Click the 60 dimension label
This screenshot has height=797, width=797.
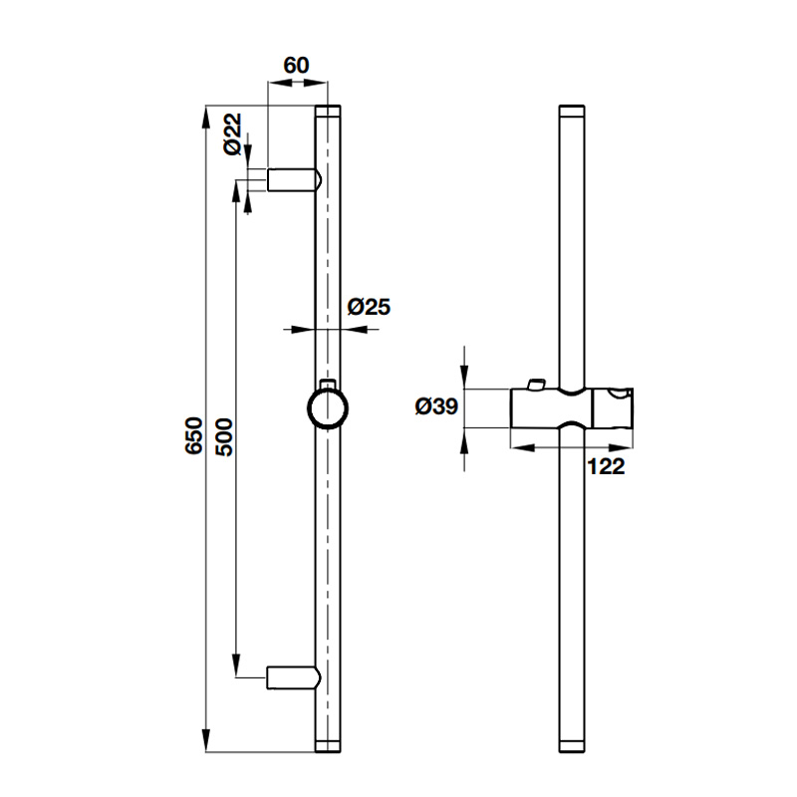(296, 66)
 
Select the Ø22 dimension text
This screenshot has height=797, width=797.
(231, 134)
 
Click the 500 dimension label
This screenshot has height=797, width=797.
(224, 435)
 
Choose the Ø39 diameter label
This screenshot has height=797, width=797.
(434, 405)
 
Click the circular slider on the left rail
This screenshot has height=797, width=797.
(328, 408)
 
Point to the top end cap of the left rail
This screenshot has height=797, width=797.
(328, 110)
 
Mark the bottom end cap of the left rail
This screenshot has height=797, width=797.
(328, 745)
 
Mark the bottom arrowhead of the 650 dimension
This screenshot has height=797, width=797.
(206, 741)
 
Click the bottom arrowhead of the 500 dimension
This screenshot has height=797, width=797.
(236, 666)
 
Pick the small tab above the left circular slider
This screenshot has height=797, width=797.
(328, 383)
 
